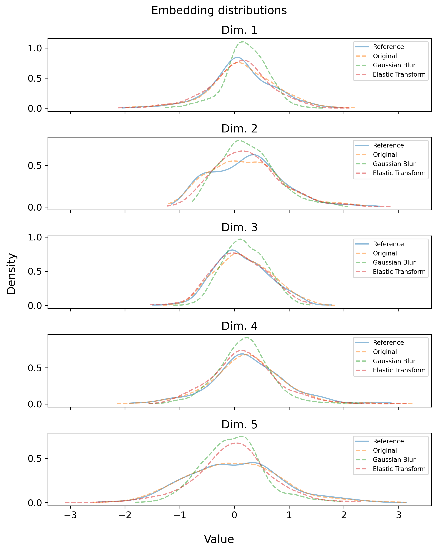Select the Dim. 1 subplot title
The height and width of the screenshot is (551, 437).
[239, 30]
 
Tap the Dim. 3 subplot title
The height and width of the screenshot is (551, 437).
[239, 227]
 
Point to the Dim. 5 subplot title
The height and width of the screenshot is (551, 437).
[239, 424]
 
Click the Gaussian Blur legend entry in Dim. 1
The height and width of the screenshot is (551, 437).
[394, 65]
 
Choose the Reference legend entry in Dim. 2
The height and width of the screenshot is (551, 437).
[388, 145]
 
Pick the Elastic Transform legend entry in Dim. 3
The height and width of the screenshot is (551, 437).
[399, 272]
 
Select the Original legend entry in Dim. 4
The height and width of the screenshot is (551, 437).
[385, 352]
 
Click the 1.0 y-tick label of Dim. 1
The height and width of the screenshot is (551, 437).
[34, 48]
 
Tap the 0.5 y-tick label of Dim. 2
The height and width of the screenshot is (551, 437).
[34, 166]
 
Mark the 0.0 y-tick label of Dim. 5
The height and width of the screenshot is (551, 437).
[34, 503]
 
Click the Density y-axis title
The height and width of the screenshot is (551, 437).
[11, 273]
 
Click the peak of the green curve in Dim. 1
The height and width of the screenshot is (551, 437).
[242, 42]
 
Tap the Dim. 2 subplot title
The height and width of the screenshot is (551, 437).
[239, 129]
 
